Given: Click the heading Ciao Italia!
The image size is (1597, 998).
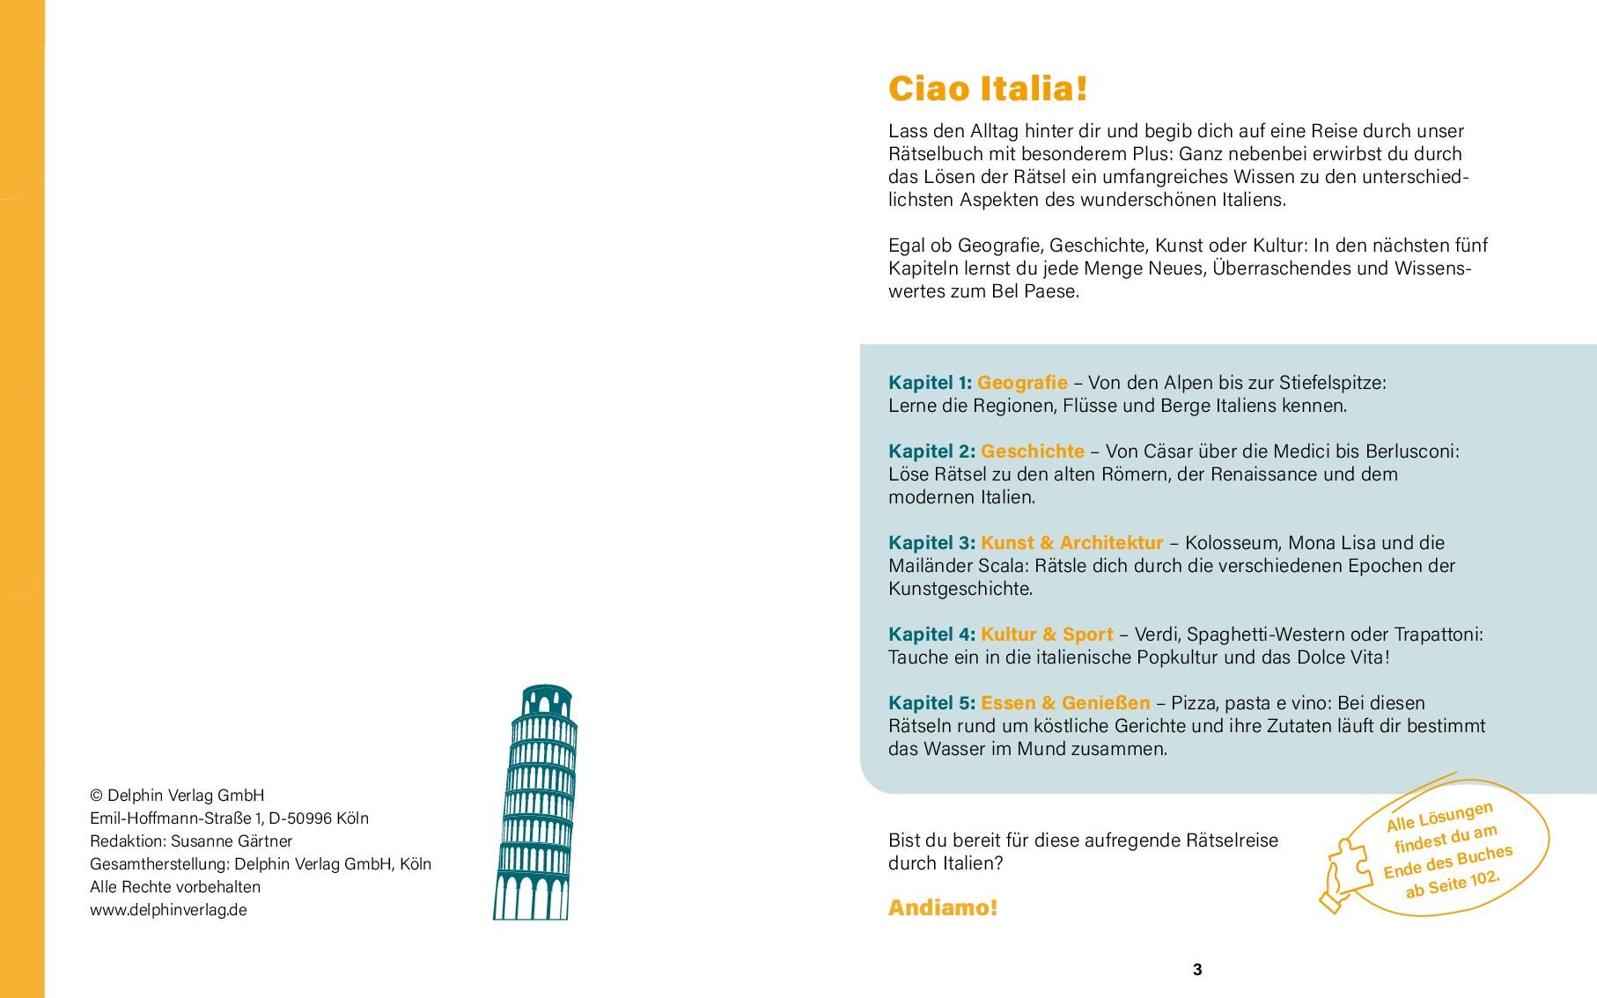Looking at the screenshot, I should (988, 89).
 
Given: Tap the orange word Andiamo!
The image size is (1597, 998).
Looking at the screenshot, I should (943, 908).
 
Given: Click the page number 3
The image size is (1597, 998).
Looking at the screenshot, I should (1196, 970).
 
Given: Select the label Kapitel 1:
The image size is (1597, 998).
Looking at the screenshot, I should (930, 383).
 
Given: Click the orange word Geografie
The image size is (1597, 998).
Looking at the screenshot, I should (1022, 383).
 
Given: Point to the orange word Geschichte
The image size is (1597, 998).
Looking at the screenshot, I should (1033, 451).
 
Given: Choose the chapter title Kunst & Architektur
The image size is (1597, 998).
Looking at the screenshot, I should (1071, 543).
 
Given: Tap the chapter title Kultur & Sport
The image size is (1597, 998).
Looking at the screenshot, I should (1047, 635).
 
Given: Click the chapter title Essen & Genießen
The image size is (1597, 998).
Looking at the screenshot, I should (1065, 703).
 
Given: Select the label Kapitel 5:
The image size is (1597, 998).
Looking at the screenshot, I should (931, 703).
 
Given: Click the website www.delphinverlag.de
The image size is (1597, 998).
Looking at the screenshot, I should (168, 910).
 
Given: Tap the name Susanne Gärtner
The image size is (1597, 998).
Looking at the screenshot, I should (232, 841).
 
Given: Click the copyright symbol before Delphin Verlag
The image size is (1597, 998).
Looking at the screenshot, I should (96, 796).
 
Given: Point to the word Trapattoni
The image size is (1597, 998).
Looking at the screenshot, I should (1439, 635).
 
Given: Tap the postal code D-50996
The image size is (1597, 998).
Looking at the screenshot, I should (300, 818).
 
